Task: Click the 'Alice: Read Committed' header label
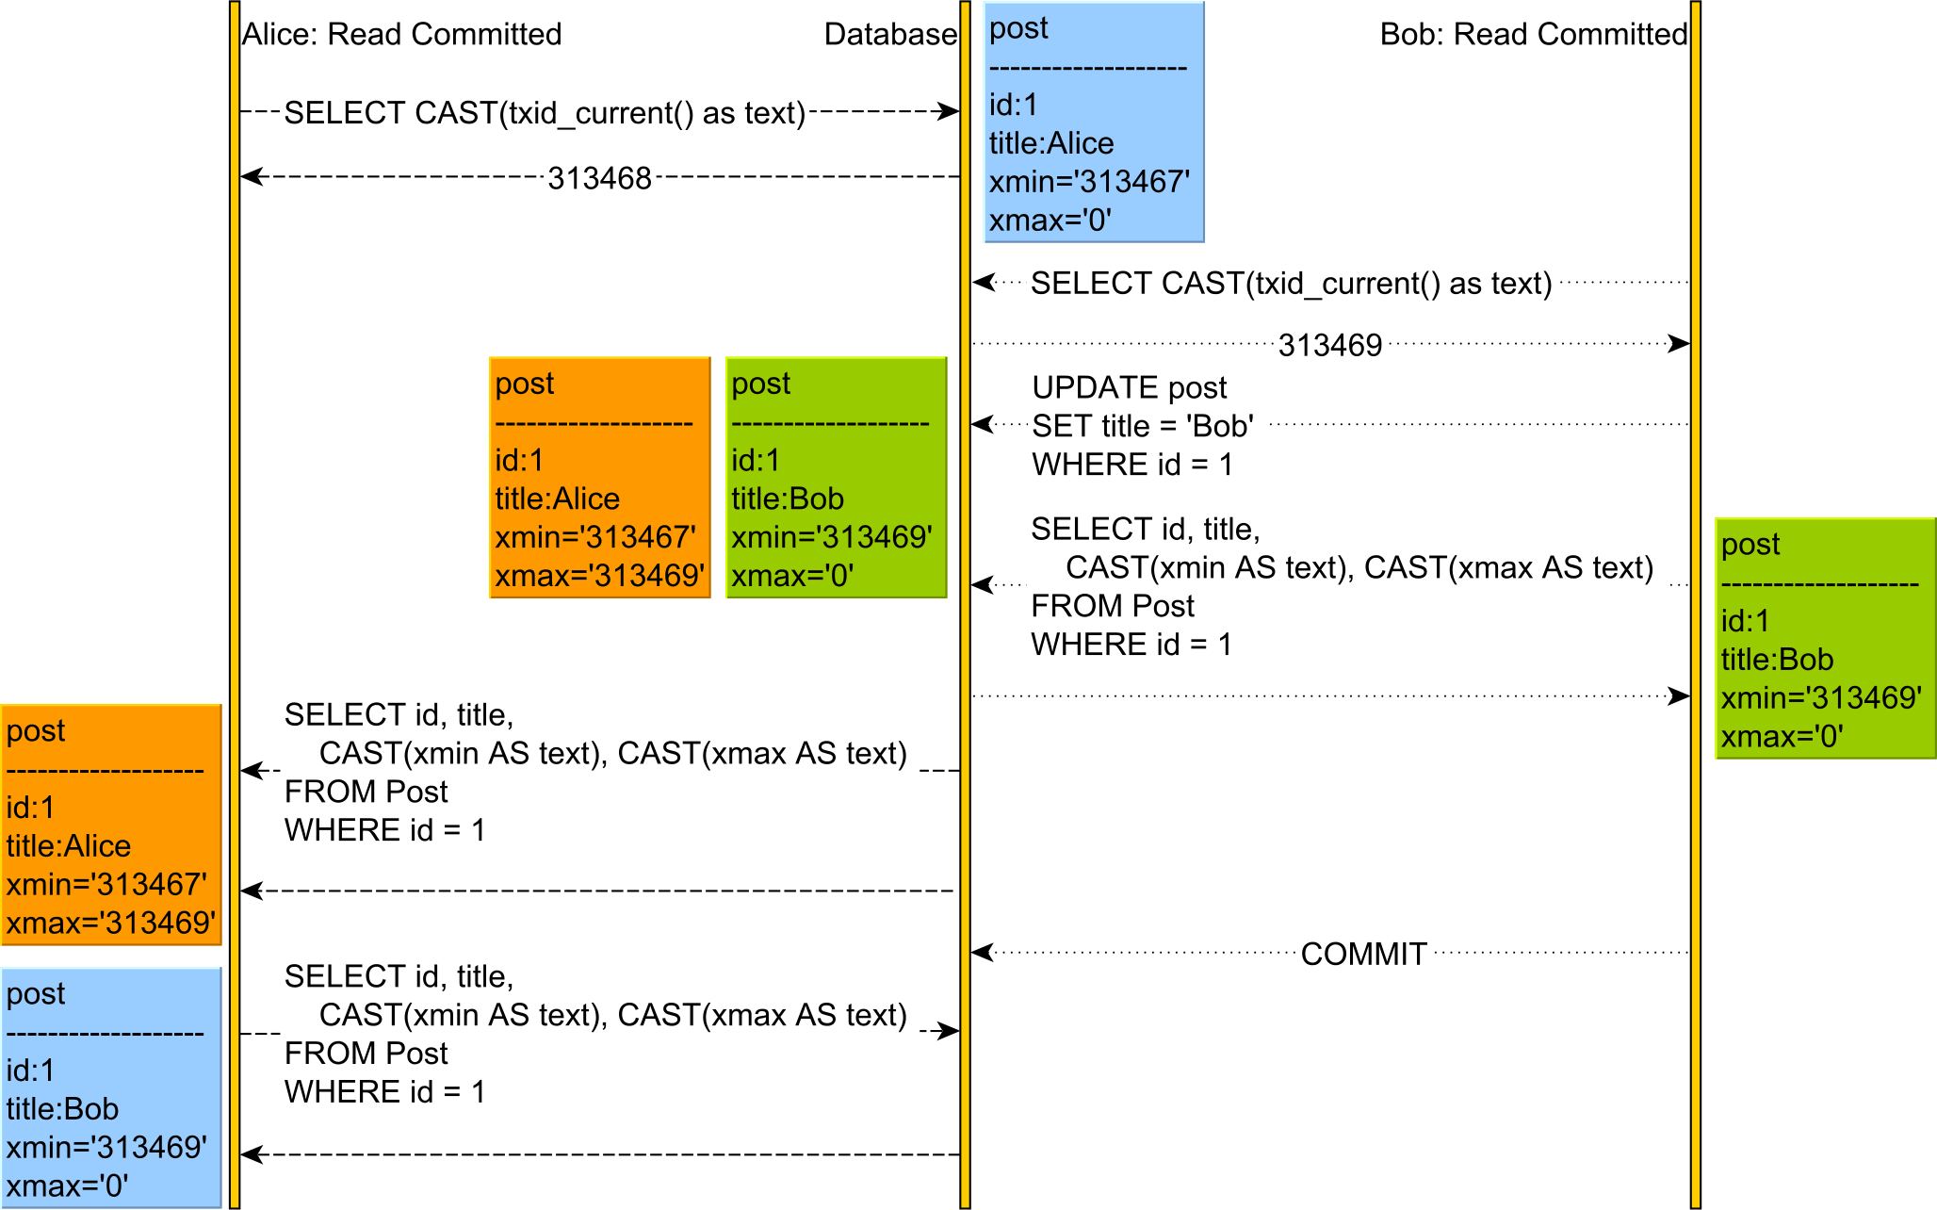pos(401,35)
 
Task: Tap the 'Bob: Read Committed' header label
pos(1533,35)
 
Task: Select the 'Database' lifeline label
pos(889,35)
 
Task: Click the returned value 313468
pos(599,178)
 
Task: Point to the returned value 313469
pos(1329,345)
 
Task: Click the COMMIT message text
pos(1363,954)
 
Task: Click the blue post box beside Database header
pos(1094,123)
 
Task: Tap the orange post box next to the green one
pos(600,478)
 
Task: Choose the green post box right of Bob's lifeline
pos(1825,638)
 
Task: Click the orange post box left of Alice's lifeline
pos(111,825)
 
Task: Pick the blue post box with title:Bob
pos(111,1087)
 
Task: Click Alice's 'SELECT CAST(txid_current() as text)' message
pos(545,113)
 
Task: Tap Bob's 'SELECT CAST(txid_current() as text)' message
pos(1291,284)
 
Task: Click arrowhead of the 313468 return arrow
pos(249,176)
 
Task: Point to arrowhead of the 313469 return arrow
pos(1680,344)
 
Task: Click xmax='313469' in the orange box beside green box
pos(600,576)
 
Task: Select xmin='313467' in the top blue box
pos(1089,182)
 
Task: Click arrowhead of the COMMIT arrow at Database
pos(981,952)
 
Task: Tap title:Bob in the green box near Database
pos(788,499)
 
